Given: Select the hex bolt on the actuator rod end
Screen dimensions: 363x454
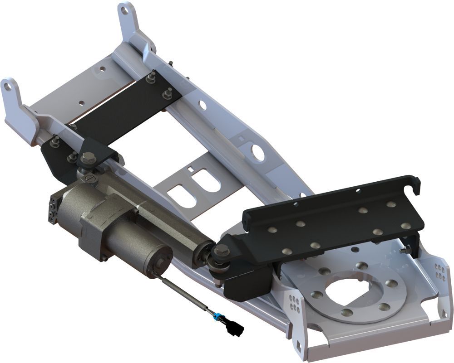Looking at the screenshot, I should [x=222, y=250].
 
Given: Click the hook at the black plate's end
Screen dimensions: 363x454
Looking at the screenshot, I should [x=415, y=182].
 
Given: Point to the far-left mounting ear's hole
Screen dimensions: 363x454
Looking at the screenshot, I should [x=7, y=85].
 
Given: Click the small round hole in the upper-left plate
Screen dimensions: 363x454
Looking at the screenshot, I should [x=103, y=69].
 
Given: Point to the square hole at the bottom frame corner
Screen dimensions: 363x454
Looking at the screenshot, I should [x=298, y=347].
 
